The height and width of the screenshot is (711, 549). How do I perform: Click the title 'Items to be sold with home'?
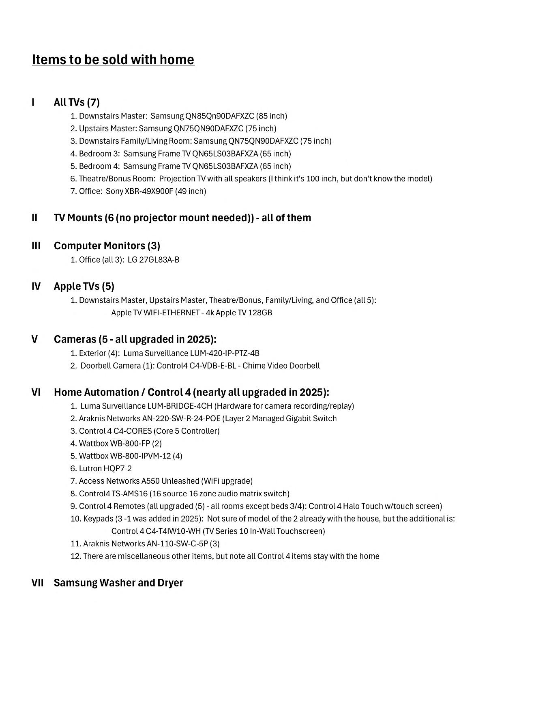coord(113,60)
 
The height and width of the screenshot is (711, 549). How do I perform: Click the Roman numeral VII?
coord(37,583)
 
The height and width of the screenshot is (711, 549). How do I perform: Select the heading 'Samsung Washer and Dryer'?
coord(118,583)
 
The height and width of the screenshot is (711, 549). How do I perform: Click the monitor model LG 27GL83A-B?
coord(153,260)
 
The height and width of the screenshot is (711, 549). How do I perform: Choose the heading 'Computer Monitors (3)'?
coord(107,246)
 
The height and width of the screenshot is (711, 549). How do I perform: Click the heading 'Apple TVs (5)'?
coord(84,287)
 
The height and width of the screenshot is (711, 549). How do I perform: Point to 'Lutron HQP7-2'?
coord(105,468)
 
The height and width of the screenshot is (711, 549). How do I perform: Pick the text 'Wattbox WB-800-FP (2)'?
coord(120,443)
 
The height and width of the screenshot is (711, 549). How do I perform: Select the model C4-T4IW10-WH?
coord(172,531)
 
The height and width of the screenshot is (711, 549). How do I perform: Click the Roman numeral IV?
coord(36,287)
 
